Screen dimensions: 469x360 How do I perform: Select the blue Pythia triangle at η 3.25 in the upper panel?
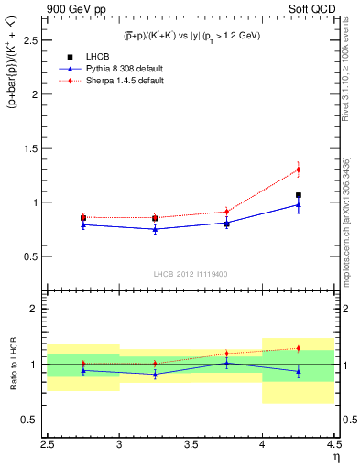click(x=155, y=229)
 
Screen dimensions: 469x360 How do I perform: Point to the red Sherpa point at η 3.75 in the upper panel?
click(x=226, y=212)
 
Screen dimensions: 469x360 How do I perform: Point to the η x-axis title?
click(x=336, y=456)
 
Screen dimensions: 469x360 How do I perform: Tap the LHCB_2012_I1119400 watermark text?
click(x=191, y=273)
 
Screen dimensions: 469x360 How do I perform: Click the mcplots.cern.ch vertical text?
click(x=348, y=211)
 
